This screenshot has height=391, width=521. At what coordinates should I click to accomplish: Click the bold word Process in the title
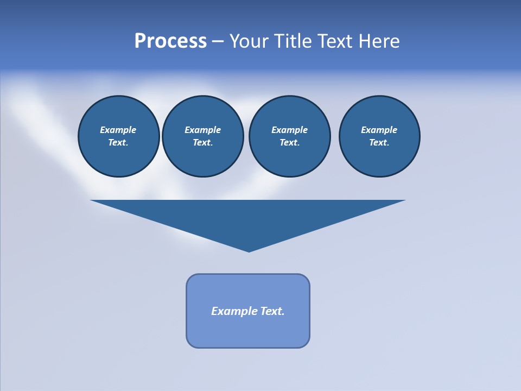[170, 41]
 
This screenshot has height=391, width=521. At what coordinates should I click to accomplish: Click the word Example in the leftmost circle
[118, 130]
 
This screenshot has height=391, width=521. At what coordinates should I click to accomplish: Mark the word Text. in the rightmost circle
[379, 142]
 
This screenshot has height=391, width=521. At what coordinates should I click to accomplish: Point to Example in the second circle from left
[202, 130]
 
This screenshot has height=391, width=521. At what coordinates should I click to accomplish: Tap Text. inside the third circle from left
[289, 142]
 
